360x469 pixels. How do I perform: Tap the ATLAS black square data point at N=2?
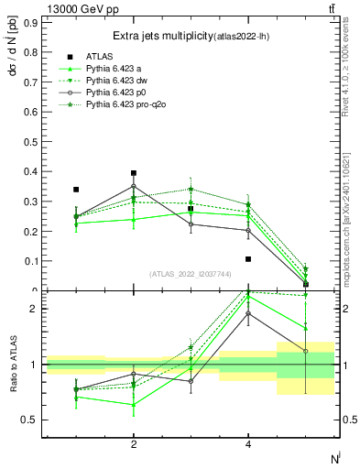[134, 173]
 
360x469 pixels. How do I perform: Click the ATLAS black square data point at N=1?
[76, 190]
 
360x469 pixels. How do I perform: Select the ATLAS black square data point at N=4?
[248, 259]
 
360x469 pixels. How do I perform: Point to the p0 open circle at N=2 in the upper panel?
[134, 186]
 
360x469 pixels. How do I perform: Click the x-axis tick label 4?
[248, 444]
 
